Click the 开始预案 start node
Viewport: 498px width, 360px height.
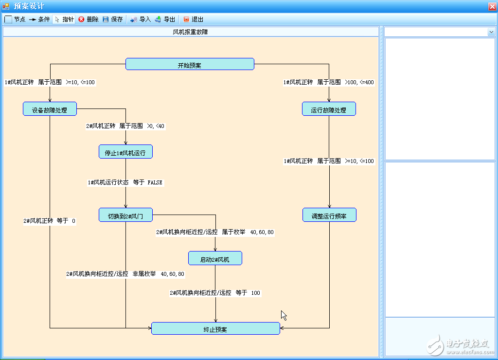190,64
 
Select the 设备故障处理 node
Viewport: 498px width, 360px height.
50,109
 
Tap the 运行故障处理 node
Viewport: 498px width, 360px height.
329,109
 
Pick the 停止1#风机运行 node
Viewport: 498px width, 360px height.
125,152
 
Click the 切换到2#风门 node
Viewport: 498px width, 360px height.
125,215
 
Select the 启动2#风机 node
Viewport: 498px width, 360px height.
215,258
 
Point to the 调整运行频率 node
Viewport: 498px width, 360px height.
329,215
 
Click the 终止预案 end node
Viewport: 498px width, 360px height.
215,328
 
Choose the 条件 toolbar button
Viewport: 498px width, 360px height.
39,19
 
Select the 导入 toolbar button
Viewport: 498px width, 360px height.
141,19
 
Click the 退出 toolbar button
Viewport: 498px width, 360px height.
193,19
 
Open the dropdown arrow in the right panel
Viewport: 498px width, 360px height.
491,32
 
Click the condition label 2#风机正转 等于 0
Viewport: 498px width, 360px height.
50,221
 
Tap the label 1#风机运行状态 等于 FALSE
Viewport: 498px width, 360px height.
125,182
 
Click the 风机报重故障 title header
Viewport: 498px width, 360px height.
191,32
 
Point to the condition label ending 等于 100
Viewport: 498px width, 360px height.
215,293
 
